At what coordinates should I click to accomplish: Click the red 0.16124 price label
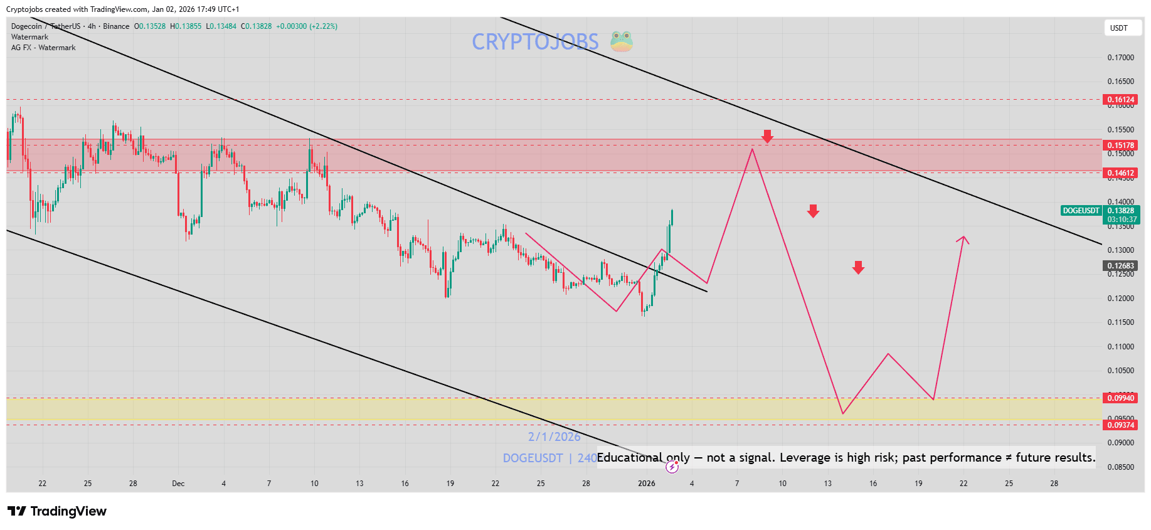pos(1120,100)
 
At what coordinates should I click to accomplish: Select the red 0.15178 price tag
pos(1120,146)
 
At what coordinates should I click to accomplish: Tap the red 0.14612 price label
pos(1120,173)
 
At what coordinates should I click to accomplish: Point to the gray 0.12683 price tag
pos(1120,266)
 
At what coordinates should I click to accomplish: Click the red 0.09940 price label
pos(1120,398)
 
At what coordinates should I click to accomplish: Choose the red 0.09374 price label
pos(1120,425)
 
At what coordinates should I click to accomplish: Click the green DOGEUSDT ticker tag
pos(1081,211)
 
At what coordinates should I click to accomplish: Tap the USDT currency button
pos(1119,28)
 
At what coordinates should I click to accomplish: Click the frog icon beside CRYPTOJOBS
pos(622,41)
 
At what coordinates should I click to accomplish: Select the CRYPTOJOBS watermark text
pos(535,42)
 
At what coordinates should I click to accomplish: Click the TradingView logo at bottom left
pos(57,511)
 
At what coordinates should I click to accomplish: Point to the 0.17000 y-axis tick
pos(1120,58)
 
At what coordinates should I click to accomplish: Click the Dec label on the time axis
pos(178,484)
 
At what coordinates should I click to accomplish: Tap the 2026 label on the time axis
pos(646,484)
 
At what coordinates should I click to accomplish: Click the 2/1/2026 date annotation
pos(554,437)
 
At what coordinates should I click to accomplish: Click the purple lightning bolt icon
pos(672,467)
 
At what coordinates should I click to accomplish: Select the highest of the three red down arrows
pos(767,136)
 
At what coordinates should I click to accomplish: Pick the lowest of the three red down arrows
pos(858,268)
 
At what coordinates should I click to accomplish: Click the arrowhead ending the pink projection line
pos(964,238)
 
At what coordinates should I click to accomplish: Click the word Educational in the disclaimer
pos(629,458)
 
